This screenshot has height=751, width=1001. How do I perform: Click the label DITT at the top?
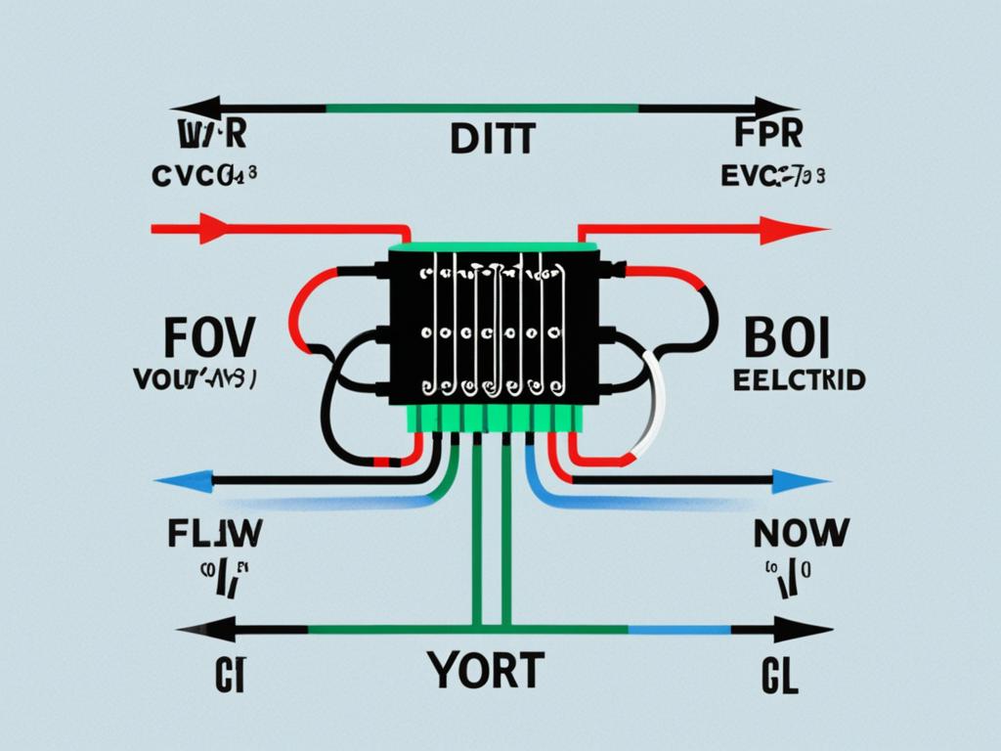[493, 139]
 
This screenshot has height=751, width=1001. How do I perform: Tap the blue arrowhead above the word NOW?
[806, 480]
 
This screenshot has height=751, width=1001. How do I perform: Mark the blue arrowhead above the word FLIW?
[179, 480]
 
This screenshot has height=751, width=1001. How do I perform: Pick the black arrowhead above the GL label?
[808, 629]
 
